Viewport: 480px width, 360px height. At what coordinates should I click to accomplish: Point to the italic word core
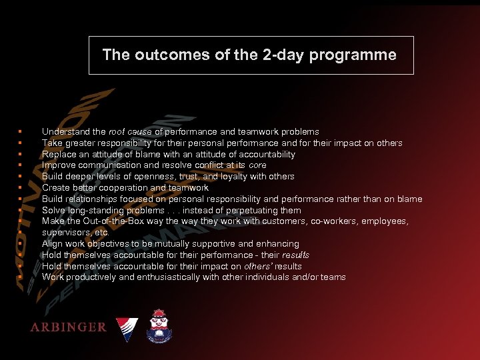click(x=257, y=165)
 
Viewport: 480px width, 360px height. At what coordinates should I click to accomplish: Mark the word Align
click(x=52, y=244)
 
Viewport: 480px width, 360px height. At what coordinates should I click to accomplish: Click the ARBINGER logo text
click(x=68, y=327)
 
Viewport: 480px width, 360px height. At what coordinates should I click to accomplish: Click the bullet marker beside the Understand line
click(x=21, y=132)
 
